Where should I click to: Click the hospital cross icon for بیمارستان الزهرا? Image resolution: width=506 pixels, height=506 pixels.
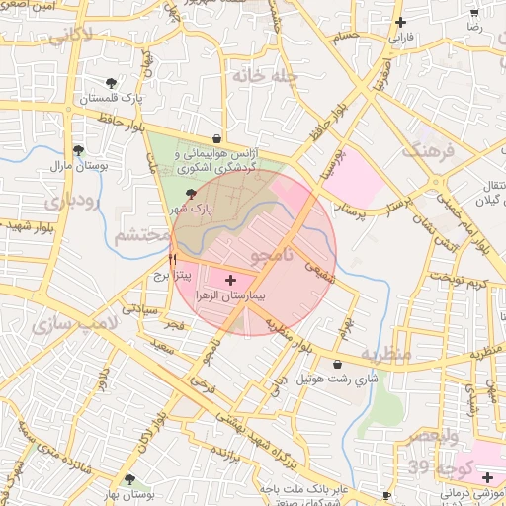[x=231, y=281]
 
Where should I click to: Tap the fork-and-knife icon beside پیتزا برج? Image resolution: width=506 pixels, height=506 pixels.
[x=173, y=260]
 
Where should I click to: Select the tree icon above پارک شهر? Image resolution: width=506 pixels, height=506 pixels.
[x=190, y=196]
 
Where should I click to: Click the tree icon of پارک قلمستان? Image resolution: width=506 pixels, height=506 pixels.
[x=111, y=83]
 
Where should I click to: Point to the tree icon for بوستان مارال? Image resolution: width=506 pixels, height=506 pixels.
[x=78, y=150]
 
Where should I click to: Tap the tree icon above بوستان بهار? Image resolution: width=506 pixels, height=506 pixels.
[x=129, y=479]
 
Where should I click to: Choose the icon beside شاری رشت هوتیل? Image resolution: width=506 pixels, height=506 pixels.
[x=339, y=364]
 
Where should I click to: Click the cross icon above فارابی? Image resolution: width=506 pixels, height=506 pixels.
[x=400, y=23]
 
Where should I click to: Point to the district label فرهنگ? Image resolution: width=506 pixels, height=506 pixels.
[x=426, y=151]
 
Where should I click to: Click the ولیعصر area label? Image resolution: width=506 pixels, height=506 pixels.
[x=433, y=436]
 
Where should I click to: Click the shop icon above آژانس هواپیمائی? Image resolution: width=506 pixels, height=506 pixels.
[x=216, y=139]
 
